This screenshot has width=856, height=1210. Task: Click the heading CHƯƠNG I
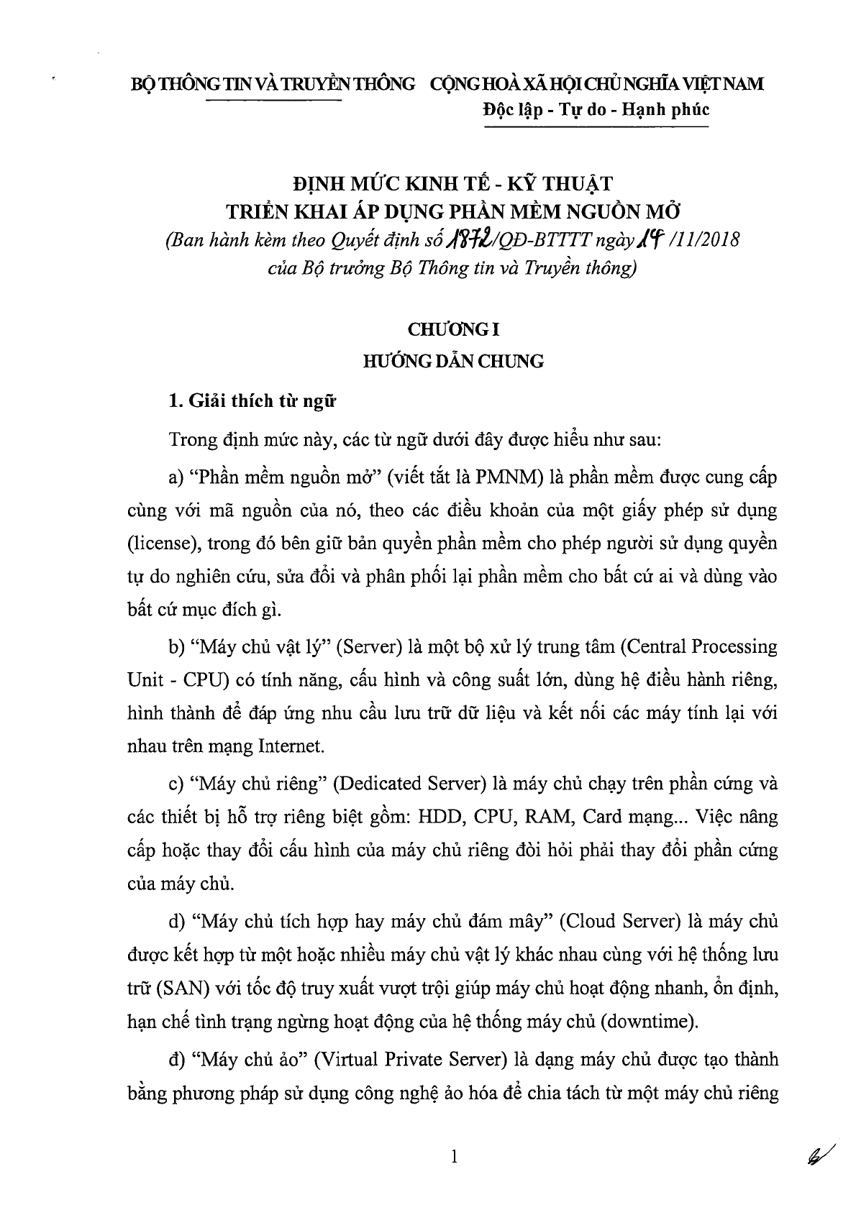click(453, 330)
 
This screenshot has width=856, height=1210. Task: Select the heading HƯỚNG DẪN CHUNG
click(453, 361)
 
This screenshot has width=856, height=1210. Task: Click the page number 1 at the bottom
click(452, 1158)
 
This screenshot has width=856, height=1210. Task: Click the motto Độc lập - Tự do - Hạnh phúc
click(596, 110)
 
